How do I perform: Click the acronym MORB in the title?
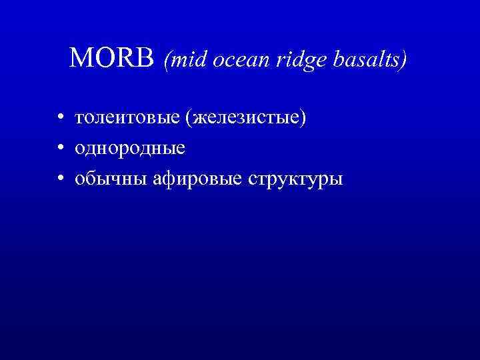[x=113, y=59]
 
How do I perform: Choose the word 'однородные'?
[x=130, y=148]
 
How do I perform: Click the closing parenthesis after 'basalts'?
[x=403, y=61]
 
